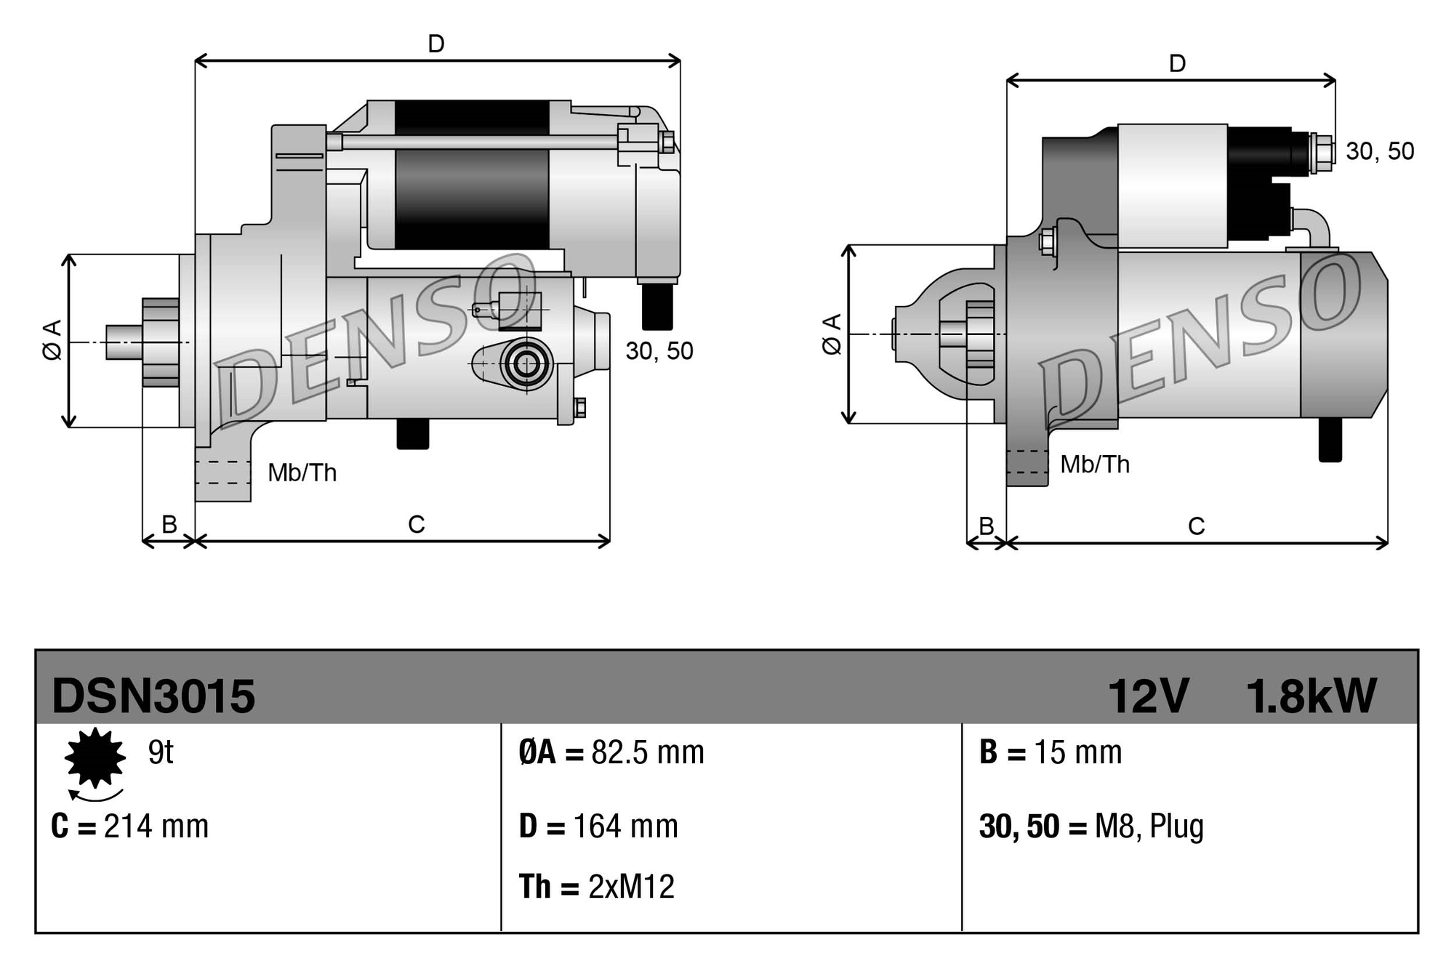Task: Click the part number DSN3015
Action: pos(153,696)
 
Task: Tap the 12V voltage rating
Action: pos(1148,696)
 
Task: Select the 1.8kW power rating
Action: pos(1311,696)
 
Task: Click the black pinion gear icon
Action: pos(95,757)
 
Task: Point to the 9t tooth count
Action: pos(161,752)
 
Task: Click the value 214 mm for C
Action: pos(156,827)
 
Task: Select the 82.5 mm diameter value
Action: pos(647,752)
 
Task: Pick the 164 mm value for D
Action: pos(625,827)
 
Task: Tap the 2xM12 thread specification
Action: pos(631,887)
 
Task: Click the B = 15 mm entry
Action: pos(1051,752)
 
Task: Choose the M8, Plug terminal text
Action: pos(1149,827)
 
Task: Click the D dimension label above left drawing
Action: pos(435,44)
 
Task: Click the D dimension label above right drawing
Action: pos(1177,64)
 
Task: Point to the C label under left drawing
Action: pos(416,524)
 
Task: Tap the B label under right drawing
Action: pos(986,526)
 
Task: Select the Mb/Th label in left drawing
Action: pos(302,473)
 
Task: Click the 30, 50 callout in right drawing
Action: pos(1379,151)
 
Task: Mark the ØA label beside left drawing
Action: pos(52,339)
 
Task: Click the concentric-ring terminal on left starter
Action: pos(526,364)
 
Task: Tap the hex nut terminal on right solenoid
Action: pos(1323,153)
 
